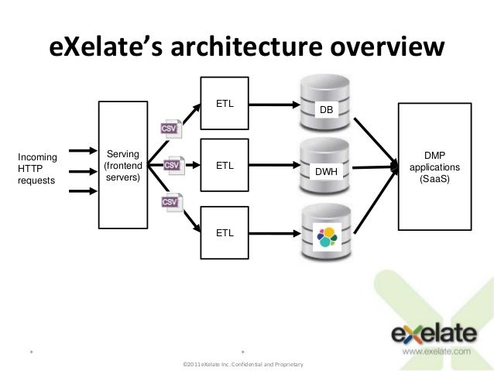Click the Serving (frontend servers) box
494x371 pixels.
[123, 166]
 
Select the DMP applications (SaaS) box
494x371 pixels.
[435, 167]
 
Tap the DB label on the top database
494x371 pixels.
[328, 111]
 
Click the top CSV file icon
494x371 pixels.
[170, 128]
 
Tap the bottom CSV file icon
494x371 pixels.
[170, 202]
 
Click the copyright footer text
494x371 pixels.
[241, 364]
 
